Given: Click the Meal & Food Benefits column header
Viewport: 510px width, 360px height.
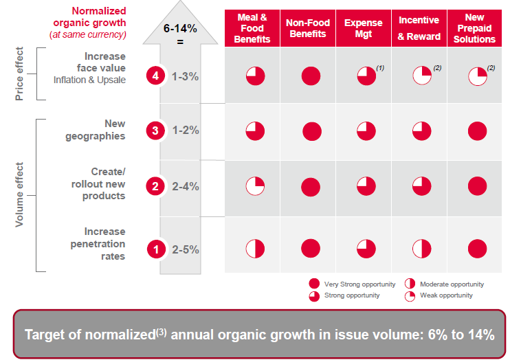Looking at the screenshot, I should [x=252, y=28].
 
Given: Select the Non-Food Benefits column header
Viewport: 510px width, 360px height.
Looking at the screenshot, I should [x=308, y=28].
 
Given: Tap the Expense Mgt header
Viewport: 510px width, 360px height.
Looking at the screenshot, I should [x=364, y=28].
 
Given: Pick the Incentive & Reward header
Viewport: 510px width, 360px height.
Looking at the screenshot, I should [x=419, y=28].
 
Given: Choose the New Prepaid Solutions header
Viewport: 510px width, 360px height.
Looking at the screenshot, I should [x=474, y=28].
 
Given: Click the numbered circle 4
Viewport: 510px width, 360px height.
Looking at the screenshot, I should [x=156, y=76].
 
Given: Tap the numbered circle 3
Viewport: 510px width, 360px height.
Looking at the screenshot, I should [x=156, y=129].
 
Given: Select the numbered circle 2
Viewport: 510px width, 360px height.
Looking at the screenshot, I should [x=156, y=185].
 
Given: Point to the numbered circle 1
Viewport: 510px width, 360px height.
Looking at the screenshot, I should [x=156, y=250].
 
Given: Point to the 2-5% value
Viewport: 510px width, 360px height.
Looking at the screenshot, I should [x=185, y=250].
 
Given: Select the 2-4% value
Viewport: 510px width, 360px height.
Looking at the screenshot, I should [x=185, y=185].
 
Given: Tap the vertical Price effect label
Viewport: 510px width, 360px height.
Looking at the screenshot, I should [x=20, y=74].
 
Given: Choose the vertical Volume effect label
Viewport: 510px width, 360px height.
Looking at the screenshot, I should [x=20, y=194].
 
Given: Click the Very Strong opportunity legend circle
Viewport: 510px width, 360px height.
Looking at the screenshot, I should [x=315, y=284].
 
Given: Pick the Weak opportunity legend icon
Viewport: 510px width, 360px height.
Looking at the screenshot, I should [x=410, y=295].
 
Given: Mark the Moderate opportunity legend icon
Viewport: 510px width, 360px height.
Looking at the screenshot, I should [x=410, y=284].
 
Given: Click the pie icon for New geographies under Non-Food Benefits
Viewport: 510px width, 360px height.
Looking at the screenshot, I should [x=311, y=131].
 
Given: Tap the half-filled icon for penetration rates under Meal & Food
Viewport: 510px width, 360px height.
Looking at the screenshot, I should [x=255, y=249].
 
